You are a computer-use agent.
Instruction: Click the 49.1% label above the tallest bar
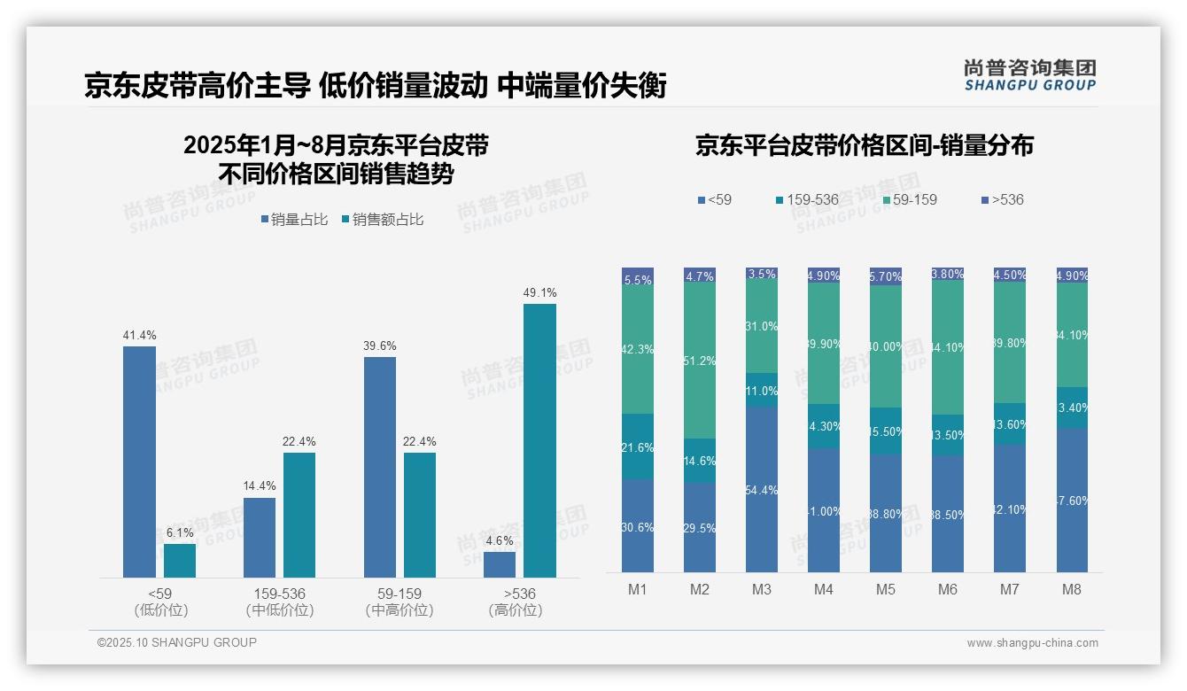(539, 293)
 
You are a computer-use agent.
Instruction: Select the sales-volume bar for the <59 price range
(139, 461)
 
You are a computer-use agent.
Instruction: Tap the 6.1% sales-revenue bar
(180, 561)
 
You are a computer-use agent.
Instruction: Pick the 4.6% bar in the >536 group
(500, 564)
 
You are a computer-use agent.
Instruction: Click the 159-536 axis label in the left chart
(279, 594)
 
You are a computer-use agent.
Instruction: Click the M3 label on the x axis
(762, 589)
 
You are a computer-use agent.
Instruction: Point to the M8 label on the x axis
(1072, 589)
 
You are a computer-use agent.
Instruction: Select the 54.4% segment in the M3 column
(762, 489)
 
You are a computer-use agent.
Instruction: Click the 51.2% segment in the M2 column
(700, 361)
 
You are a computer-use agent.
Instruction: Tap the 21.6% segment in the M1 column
(638, 446)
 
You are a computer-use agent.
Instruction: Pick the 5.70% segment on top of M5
(886, 276)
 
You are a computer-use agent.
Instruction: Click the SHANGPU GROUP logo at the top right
(1029, 75)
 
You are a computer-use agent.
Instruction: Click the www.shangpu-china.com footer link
(1032, 643)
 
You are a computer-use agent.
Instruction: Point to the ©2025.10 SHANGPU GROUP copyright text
(177, 642)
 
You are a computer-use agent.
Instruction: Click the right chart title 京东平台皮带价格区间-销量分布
(864, 146)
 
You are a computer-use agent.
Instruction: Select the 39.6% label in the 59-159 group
(379, 345)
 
